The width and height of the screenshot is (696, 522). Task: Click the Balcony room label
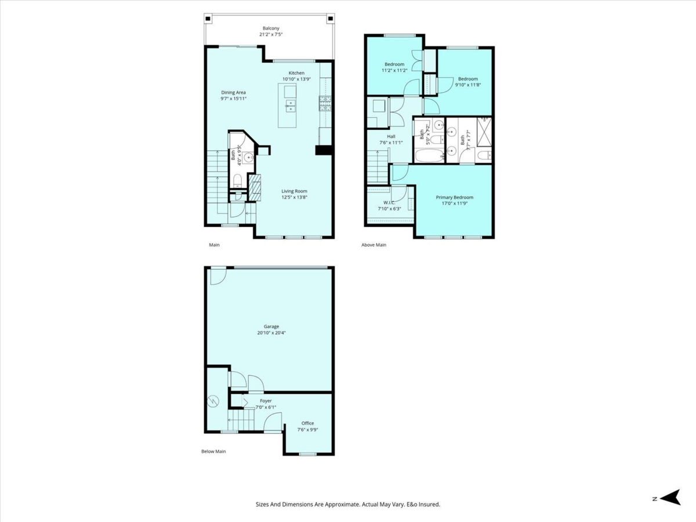tap(271, 28)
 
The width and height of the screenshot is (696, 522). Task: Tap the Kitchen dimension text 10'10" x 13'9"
tap(296, 79)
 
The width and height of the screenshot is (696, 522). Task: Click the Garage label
tap(271, 327)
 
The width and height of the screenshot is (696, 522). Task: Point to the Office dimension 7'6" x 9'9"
tap(307, 430)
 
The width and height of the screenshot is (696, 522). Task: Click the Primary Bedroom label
tap(454, 197)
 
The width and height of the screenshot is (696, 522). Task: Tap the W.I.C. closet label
tap(389, 202)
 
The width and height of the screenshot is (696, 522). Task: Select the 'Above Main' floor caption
tap(374, 245)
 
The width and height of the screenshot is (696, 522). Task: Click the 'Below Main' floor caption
tap(213, 451)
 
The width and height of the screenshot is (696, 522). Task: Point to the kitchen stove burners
tap(325, 103)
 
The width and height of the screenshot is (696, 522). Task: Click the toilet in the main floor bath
tap(237, 180)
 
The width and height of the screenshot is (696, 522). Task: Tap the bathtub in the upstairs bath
tap(430, 156)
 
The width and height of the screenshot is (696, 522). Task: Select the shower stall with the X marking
tap(484, 132)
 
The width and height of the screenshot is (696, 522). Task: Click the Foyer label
tap(266, 401)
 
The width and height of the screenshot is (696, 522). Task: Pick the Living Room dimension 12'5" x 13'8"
tap(294, 197)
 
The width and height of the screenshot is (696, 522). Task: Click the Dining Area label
tap(233, 93)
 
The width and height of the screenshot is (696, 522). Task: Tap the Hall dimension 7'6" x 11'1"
tap(391, 143)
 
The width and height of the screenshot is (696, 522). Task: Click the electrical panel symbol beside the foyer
tap(213, 402)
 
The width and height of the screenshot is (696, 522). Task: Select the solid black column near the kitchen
tap(324, 150)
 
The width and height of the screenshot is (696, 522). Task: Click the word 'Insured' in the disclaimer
tap(429, 504)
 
